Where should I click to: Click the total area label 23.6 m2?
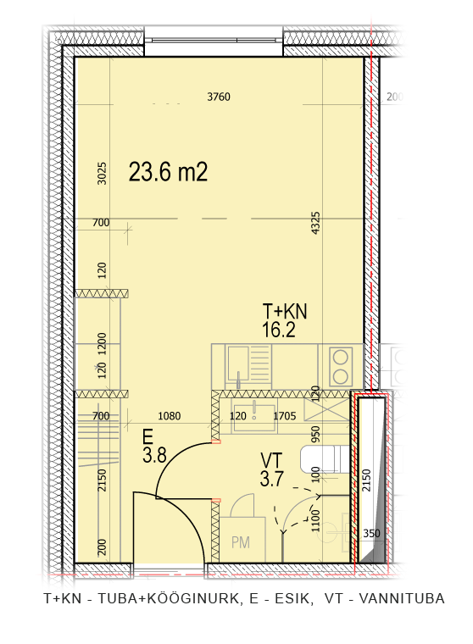pyautogui.click(x=168, y=172)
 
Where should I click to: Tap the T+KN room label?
pyautogui.click(x=284, y=311)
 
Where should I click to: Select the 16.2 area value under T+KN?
pyautogui.click(x=279, y=330)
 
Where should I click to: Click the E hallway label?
pyautogui.click(x=148, y=436)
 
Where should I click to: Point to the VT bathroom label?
pyautogui.click(x=271, y=460)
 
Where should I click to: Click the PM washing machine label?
pyautogui.click(x=241, y=542)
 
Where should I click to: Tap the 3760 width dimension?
pyautogui.click(x=219, y=97)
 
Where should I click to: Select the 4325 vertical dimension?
pyautogui.click(x=315, y=223)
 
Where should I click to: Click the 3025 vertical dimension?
pyautogui.click(x=102, y=174)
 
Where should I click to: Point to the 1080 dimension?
pyautogui.click(x=170, y=416)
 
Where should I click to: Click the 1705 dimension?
pyautogui.click(x=285, y=416)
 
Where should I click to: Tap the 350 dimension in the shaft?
pyautogui.click(x=371, y=533)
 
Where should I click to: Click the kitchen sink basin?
pyautogui.click(x=238, y=364)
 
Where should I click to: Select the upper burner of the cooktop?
pyautogui.click(x=341, y=358)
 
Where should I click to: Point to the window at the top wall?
pyautogui.click(x=214, y=41)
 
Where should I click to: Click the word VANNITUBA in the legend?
pyautogui.click(x=402, y=598)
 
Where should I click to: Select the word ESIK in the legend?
pyautogui.click(x=292, y=598)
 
